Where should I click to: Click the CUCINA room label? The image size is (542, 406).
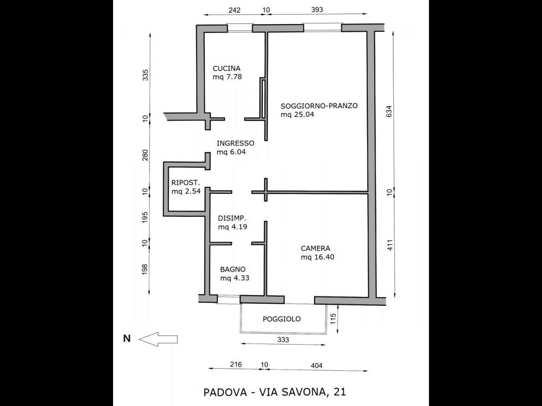tap(227, 68)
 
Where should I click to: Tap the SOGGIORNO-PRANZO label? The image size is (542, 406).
tap(319, 106)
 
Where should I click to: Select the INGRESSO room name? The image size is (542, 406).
tap(235, 143)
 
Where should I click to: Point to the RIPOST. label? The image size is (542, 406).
tap(185, 183)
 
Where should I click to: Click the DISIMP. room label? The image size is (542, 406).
tap(232, 218)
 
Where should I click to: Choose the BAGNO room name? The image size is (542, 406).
tap(232, 269)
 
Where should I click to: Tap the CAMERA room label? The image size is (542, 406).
tap(315, 248)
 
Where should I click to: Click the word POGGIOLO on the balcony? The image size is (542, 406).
tap(282, 319)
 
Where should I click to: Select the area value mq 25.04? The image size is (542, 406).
tap(297, 114)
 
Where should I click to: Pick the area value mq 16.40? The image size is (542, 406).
tap(317, 257)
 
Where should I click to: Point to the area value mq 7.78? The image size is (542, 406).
tap(227, 77)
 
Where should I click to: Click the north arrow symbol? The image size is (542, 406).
tap(158, 339)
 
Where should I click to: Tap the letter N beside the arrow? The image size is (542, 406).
tap(127, 339)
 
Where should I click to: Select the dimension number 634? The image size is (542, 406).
tap(389, 111)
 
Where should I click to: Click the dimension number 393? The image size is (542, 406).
tap(317, 10)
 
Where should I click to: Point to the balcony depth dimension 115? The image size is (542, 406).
tap(333, 318)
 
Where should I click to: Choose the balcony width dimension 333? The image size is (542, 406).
tap(283, 340)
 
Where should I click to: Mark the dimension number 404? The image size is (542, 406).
tap(317, 365)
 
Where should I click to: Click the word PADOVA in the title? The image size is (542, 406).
tap(225, 392)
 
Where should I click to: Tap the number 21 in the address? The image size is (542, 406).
tap(340, 392)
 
